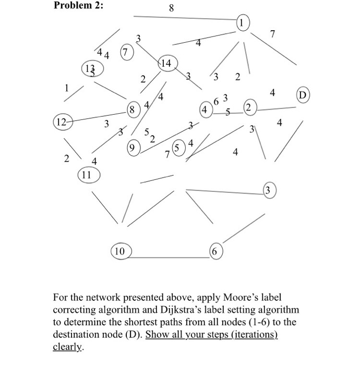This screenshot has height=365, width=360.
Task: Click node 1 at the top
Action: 243,22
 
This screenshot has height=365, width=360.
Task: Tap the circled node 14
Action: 167,64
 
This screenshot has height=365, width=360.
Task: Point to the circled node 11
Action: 87,175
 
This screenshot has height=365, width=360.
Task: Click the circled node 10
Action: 120,251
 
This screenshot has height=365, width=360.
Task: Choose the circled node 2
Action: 249,109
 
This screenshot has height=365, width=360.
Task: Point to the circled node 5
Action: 178,148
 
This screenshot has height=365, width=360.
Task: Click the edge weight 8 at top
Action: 172,8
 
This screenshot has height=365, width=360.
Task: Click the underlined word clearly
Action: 68,346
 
